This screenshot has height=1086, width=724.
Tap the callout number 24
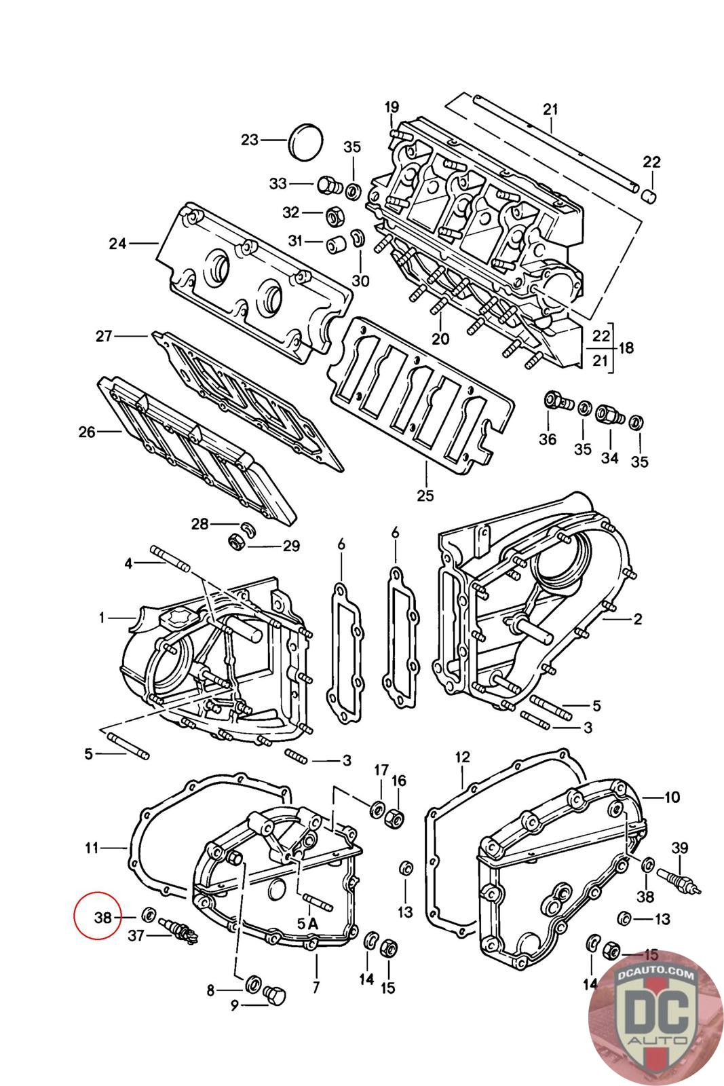pyautogui.click(x=117, y=244)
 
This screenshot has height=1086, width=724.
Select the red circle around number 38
pyautogui.click(x=98, y=916)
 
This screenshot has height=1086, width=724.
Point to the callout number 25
pyautogui.click(x=425, y=495)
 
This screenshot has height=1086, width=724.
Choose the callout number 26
pyautogui.click(x=87, y=432)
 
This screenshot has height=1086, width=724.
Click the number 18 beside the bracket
pyautogui.click(x=626, y=348)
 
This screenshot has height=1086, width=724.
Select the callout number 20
pyautogui.click(x=440, y=339)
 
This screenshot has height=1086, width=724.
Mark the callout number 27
pyautogui.click(x=104, y=335)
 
